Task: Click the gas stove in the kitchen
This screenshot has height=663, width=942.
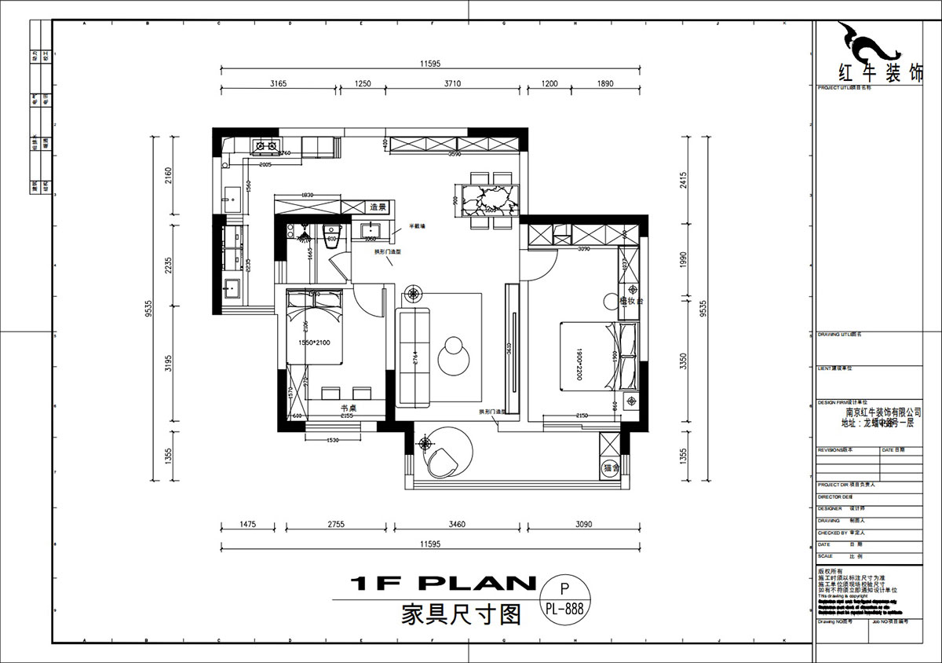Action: [264, 145]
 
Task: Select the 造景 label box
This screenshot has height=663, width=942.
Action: [378, 207]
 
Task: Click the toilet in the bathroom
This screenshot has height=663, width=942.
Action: [332, 233]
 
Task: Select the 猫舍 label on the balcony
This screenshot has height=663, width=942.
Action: [612, 468]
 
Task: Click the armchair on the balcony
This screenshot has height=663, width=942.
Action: [444, 461]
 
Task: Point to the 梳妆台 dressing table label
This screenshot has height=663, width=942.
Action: [630, 301]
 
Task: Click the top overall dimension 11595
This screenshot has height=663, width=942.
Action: [429, 64]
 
